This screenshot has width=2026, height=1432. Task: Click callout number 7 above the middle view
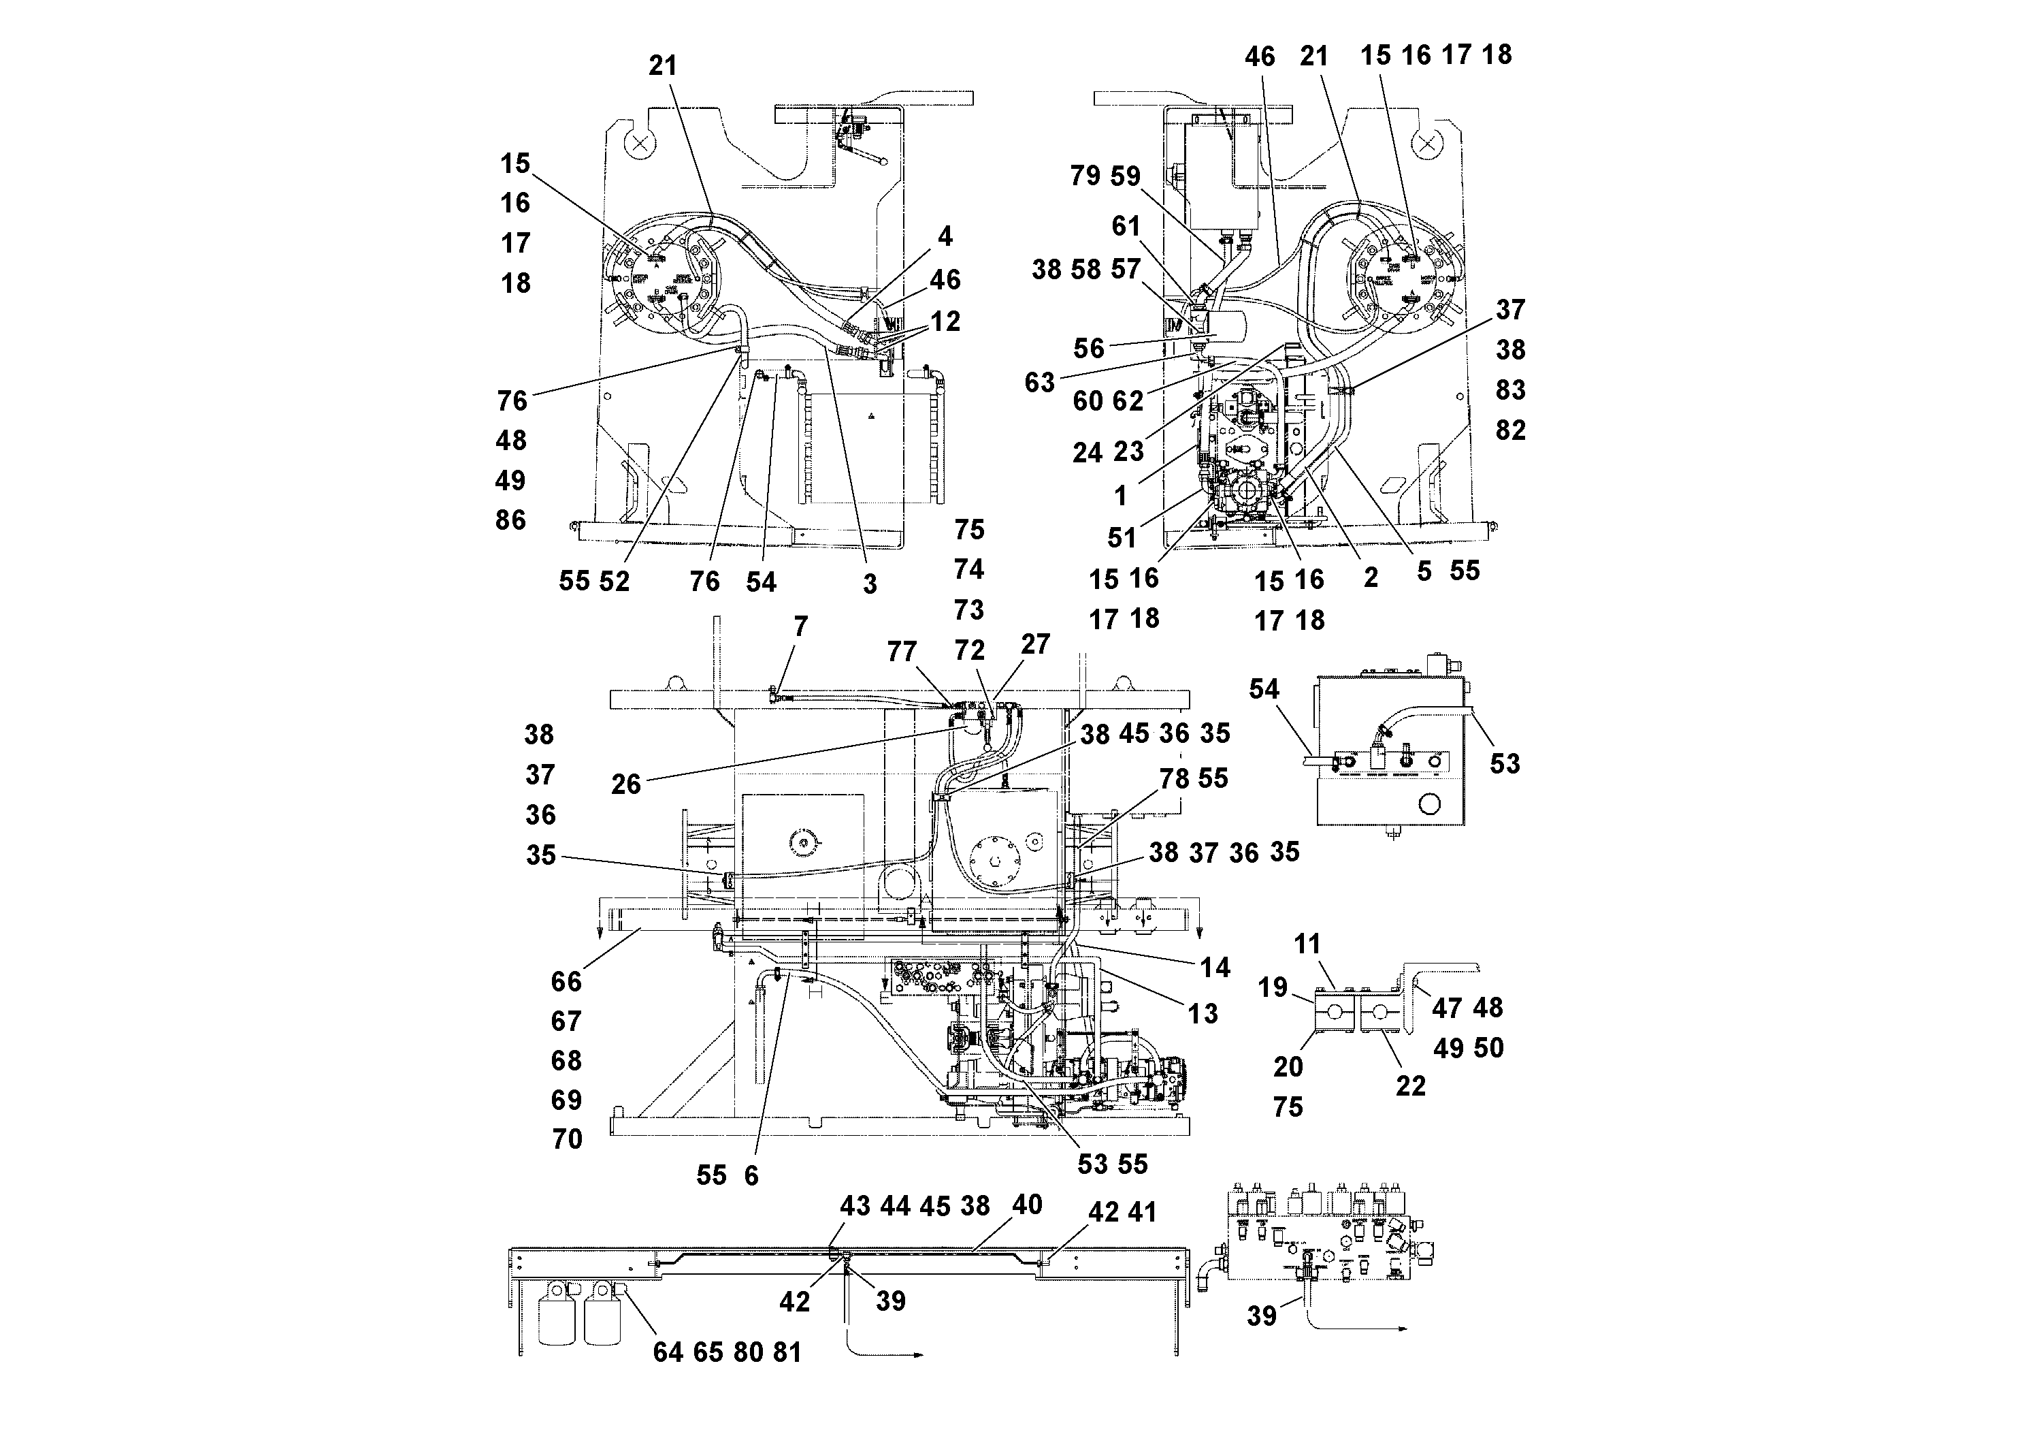tap(800, 628)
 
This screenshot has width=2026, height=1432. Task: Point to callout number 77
tap(902, 652)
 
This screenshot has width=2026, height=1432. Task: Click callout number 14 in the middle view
tap(1214, 968)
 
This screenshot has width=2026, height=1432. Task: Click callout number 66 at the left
tap(566, 982)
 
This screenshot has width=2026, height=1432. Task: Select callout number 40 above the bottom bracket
tap(1027, 1205)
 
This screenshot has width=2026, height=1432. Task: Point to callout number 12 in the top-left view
tap(945, 321)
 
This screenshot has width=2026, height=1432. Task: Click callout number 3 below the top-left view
tap(870, 584)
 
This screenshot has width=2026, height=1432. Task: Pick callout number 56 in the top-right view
tap(1089, 349)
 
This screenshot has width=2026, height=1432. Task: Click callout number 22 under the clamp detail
tap(1410, 1086)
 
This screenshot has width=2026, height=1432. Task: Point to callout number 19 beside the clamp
tap(1273, 987)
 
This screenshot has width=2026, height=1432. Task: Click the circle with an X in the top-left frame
tap(642, 142)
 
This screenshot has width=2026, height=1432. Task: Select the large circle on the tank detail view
tap(1428, 804)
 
